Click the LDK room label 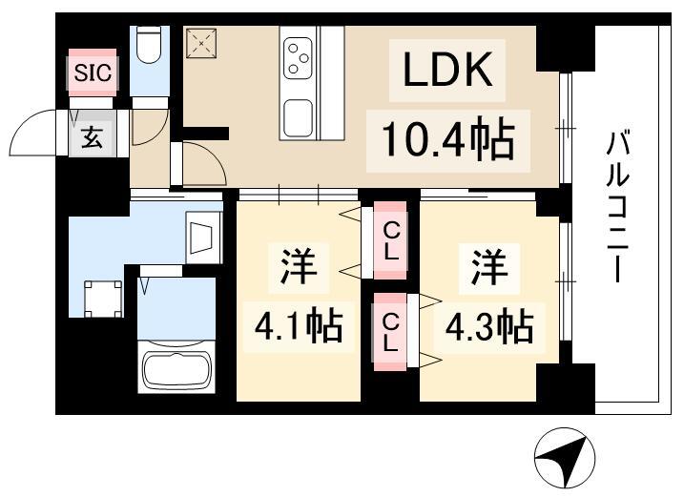pyautogui.click(x=447, y=70)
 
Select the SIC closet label pyautogui.click(x=93, y=72)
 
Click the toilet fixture pyautogui.click(x=149, y=45)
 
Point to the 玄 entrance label pyautogui.click(x=92, y=137)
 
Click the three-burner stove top pyautogui.click(x=298, y=58)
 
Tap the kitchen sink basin pyautogui.click(x=298, y=118)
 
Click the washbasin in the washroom pyautogui.click(x=202, y=238)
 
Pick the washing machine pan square pyautogui.click(x=103, y=300)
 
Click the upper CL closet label pyautogui.click(x=391, y=240)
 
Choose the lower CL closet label pyautogui.click(x=390, y=333)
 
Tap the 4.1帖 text pyautogui.click(x=299, y=326)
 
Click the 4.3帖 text pyautogui.click(x=489, y=326)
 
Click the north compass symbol pyautogui.click(x=566, y=458)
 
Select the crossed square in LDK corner pyautogui.click(x=201, y=43)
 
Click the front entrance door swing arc pyautogui.click(x=32, y=131)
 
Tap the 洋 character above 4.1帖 pyautogui.click(x=299, y=266)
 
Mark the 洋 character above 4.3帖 pyautogui.click(x=489, y=266)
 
